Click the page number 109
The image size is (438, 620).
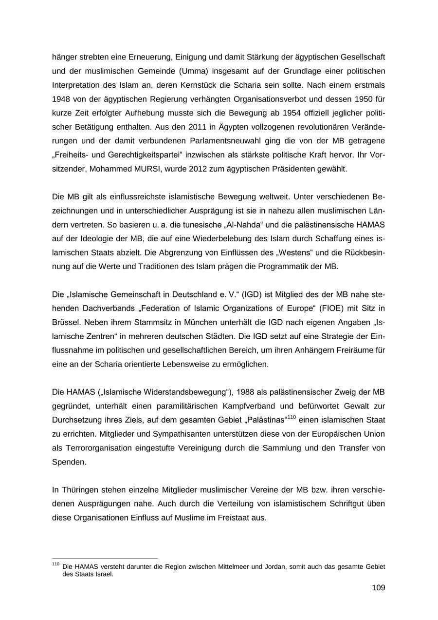click(x=378, y=588)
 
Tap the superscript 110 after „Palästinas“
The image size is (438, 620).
click(x=292, y=417)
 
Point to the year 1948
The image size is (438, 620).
click(x=61, y=99)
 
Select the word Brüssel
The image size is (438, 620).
click(x=66, y=322)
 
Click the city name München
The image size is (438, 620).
click(x=192, y=322)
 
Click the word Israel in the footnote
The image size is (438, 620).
click(x=103, y=574)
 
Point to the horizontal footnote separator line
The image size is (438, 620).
click(x=105, y=559)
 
